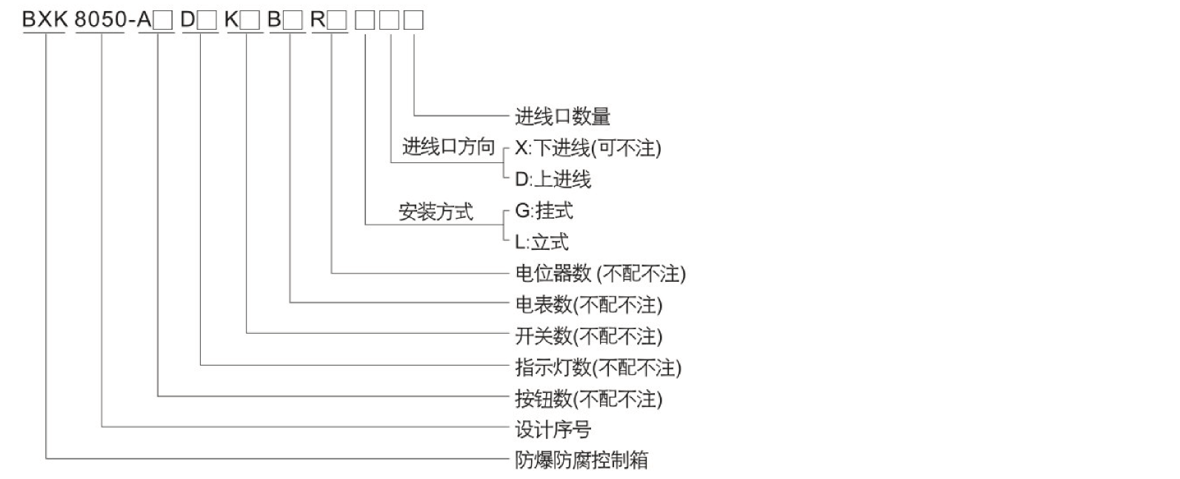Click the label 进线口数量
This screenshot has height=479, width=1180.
coord(562,116)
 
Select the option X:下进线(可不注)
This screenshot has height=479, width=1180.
coord(587,148)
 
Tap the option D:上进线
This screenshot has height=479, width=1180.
coord(553,179)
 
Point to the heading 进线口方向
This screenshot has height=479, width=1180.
coord(448,147)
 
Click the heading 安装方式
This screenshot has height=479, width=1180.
coord(436,212)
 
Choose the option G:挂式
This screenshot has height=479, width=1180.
coord(544,211)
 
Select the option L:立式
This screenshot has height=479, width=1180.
coord(541,242)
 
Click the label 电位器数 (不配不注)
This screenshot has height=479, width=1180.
coord(600,274)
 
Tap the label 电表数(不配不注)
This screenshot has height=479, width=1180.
coord(588,305)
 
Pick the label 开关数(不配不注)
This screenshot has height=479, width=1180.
coord(588,337)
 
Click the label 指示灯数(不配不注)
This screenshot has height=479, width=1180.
coord(598,368)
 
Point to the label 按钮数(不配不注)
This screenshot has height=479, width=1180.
coord(588,399)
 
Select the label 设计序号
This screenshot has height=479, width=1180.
coord(553,430)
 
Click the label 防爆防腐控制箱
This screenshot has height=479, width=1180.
coord(581,460)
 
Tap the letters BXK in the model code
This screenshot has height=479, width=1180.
coord(45,20)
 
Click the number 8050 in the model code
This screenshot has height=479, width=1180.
coord(101,20)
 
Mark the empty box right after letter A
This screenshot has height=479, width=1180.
coord(164,21)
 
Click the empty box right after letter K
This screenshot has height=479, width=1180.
coord(251,21)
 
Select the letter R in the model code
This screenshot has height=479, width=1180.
coord(318,20)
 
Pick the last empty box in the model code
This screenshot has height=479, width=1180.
coord(414,21)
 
